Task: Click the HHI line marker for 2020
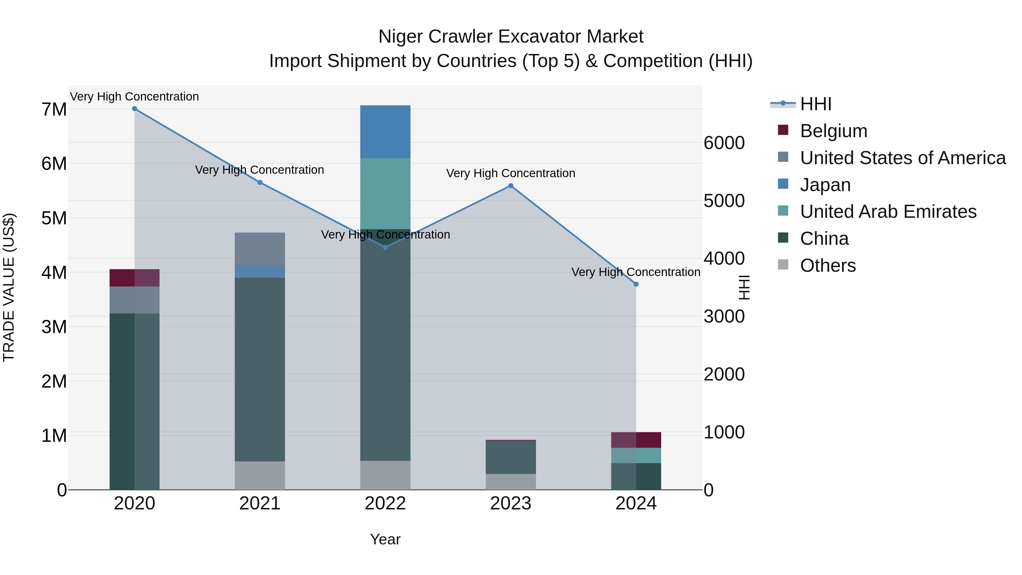pyautogui.click(x=135, y=109)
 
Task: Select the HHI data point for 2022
pyautogui.click(x=385, y=247)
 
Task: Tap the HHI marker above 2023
pyautogui.click(x=511, y=186)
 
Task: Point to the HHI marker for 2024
pyautogui.click(x=636, y=284)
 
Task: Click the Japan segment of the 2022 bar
pyautogui.click(x=385, y=132)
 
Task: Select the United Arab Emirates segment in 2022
pyautogui.click(x=385, y=194)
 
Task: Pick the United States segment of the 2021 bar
pyautogui.click(x=260, y=249)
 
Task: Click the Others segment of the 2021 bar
pyautogui.click(x=260, y=475)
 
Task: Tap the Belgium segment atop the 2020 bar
pyautogui.click(x=135, y=278)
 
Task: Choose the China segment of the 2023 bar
pyautogui.click(x=511, y=457)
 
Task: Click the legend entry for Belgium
pyautogui.click(x=833, y=131)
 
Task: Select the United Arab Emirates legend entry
pyautogui.click(x=888, y=212)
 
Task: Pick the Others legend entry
pyautogui.click(x=828, y=265)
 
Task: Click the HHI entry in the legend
pyautogui.click(x=815, y=104)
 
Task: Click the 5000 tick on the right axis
pyautogui.click(x=724, y=201)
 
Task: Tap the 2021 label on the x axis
pyautogui.click(x=260, y=503)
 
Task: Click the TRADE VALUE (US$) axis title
pyautogui.click(x=9, y=287)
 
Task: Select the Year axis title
pyautogui.click(x=385, y=539)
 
